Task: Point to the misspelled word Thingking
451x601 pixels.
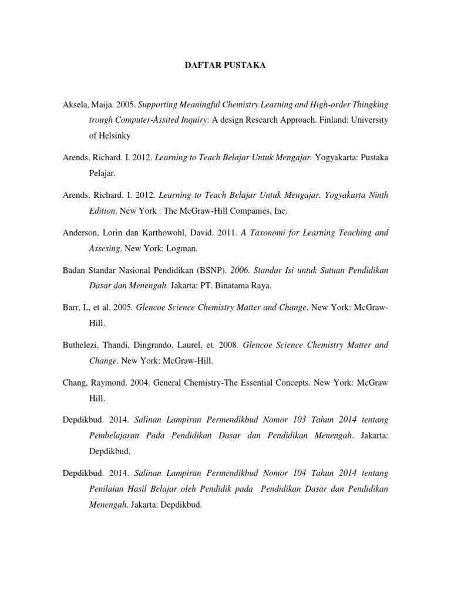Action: pos(366,104)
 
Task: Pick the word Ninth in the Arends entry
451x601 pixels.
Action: pos(377,194)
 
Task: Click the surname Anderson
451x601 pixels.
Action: pos(82,233)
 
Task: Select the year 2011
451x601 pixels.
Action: pos(225,233)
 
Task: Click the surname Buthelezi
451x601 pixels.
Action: pos(82,345)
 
